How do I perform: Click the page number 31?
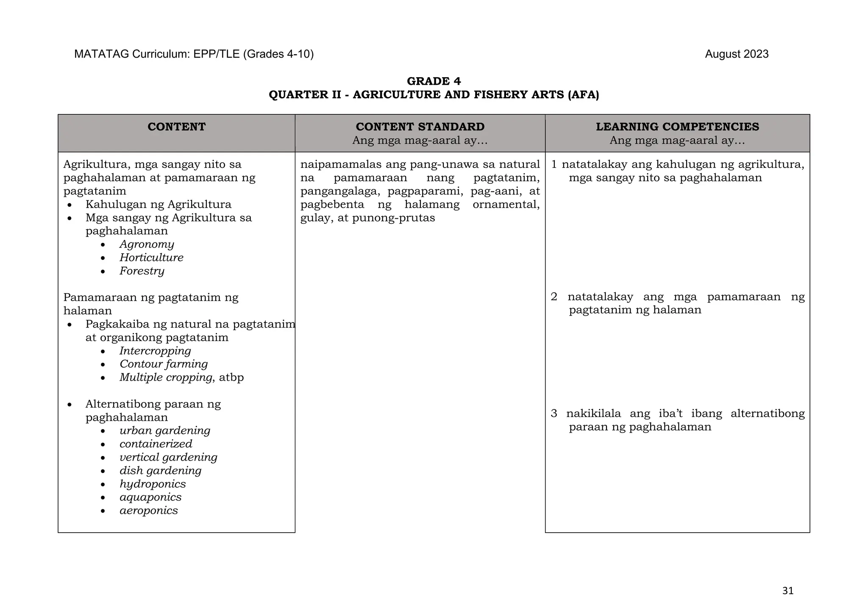pos(787,591)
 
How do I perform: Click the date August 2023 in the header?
pos(737,54)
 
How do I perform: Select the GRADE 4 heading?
pos(434,81)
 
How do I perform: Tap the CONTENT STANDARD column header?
pos(420,127)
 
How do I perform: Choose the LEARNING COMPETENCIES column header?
pos(677,127)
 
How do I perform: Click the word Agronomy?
pos(147,244)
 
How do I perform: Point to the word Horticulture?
pos(151,258)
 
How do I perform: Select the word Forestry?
pos(142,271)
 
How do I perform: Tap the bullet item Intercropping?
pos(155,351)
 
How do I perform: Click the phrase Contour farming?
pos(164,364)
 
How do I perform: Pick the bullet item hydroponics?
pos(153,484)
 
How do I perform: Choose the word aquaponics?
pos(150,497)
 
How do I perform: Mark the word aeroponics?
pos(149,511)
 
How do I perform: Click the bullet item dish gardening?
pos(160,471)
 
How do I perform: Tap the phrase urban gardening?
pos(165,431)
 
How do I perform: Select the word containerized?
pos(156,444)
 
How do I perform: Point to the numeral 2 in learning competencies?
pos(554,297)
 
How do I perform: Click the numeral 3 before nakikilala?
pos(554,413)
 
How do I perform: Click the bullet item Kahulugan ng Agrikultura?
pos(159,204)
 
